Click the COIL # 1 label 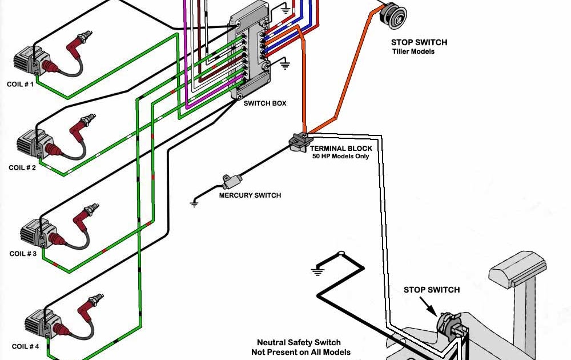20,84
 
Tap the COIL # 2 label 22,167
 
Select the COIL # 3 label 23,254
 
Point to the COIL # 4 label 26,346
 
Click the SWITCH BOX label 265,103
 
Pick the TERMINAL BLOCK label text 341,149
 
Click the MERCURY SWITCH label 250,195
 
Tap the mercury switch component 232,181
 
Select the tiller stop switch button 393,15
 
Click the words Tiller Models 413,51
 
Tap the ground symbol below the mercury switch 195,204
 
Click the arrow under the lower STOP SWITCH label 428,306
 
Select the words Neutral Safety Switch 299,342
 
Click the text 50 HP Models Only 340,157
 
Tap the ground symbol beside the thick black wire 317,271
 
